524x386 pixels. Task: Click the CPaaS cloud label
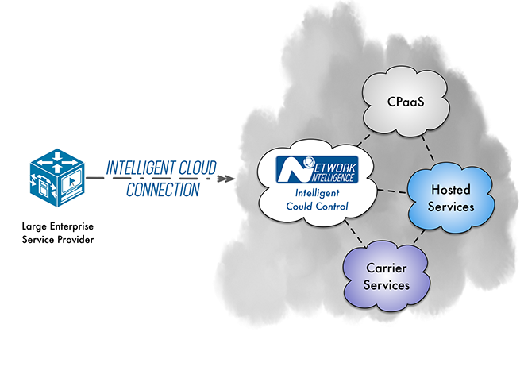(x=406, y=102)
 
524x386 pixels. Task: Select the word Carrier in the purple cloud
(x=387, y=268)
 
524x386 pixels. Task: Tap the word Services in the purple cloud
(x=387, y=284)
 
